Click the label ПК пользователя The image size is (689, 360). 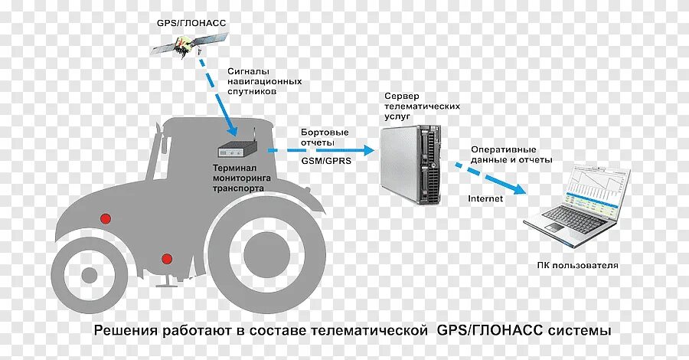tap(578, 265)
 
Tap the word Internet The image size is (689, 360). tap(485, 199)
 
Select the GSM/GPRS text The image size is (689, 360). tap(322, 162)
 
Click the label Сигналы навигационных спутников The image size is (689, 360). tap(264, 80)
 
